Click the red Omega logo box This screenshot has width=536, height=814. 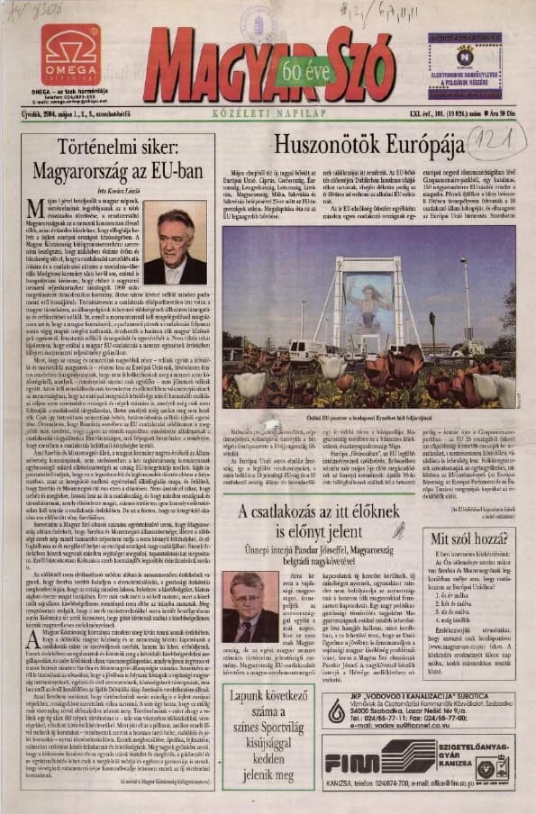pos(69,55)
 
